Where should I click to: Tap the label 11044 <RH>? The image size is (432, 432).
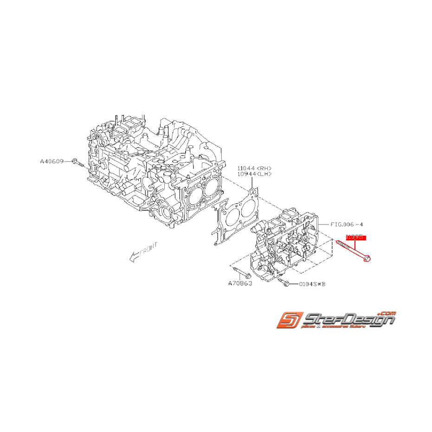tap(254, 168)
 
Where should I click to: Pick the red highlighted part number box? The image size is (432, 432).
tap(355, 237)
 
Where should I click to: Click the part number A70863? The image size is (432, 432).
tap(239, 283)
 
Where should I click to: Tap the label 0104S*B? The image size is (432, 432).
tap(312, 284)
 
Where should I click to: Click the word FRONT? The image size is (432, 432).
tap(149, 249)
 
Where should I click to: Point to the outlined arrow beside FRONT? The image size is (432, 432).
tap(134, 257)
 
